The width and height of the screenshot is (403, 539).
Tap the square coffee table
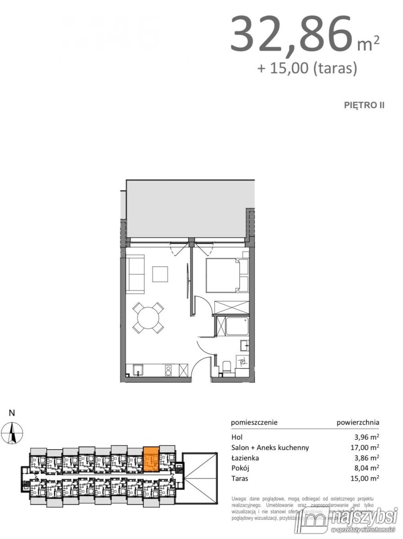point(160,274)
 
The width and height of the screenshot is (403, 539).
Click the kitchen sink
point(138,370)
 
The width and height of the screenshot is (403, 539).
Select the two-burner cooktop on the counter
point(169,370)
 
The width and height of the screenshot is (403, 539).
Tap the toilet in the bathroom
point(227,368)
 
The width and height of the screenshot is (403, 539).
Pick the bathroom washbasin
point(244,345)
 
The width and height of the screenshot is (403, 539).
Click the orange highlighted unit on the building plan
point(151,458)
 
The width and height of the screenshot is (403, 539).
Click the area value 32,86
point(290,35)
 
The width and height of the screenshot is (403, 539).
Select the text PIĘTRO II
point(364,105)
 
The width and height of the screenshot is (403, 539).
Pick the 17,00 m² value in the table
point(364,447)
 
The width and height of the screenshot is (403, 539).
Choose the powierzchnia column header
point(358,422)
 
